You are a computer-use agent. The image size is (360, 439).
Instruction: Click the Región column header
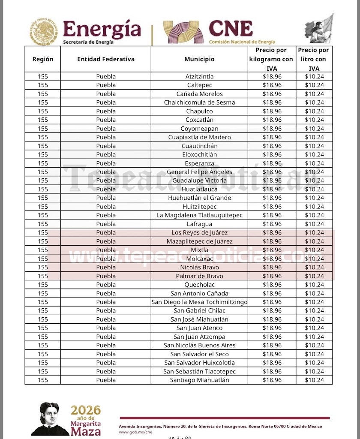(x=43, y=59)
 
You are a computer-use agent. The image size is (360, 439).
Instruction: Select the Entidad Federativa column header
(x=106, y=59)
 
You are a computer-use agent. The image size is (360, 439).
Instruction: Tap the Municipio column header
(x=199, y=59)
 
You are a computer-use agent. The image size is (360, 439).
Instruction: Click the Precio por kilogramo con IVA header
(x=272, y=59)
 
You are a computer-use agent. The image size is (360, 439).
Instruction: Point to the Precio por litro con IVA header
(x=314, y=59)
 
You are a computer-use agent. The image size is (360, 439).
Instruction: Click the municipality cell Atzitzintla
(x=199, y=76)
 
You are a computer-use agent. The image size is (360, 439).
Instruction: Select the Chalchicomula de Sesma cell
(x=199, y=102)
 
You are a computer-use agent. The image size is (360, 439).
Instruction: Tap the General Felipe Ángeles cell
(x=199, y=172)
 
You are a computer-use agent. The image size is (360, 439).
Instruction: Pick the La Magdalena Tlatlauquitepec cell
(x=199, y=215)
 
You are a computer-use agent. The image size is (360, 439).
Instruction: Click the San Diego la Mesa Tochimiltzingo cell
(x=199, y=302)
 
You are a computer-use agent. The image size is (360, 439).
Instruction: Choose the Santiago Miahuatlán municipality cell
(x=199, y=380)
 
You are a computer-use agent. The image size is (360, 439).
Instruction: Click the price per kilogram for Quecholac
(x=272, y=285)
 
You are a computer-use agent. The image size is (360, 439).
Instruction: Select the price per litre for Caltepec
(x=314, y=85)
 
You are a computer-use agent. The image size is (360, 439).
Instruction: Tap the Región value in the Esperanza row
(x=43, y=163)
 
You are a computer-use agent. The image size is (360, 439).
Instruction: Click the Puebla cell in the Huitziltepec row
(x=106, y=207)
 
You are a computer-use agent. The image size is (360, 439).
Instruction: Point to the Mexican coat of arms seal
(x=43, y=32)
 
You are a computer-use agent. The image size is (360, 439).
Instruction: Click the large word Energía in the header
(x=102, y=29)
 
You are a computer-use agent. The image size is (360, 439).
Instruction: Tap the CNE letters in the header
(x=230, y=29)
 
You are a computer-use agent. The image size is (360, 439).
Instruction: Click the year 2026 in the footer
(x=86, y=410)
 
